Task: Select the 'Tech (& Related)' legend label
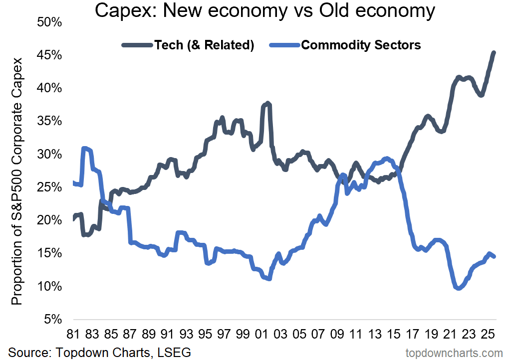205,45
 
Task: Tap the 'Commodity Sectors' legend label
361,45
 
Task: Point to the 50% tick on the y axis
47,22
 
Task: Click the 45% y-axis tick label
47,55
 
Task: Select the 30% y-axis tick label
47,154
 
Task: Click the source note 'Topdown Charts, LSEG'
100,353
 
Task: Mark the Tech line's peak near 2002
268,103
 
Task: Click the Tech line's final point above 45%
494,53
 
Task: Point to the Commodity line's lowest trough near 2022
458,288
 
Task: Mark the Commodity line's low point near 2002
269,279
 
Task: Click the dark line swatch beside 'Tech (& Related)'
137,45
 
